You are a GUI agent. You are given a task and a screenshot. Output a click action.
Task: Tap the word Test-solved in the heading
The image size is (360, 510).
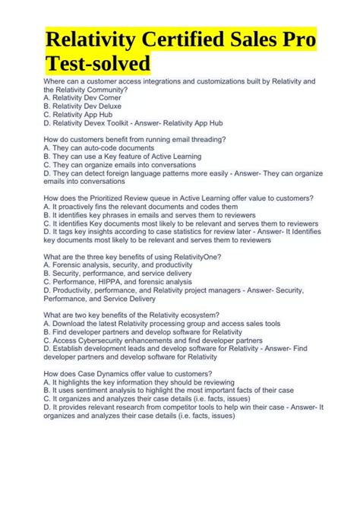click(x=98, y=62)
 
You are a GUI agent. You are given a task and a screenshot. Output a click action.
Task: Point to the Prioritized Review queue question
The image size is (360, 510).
click(x=178, y=198)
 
